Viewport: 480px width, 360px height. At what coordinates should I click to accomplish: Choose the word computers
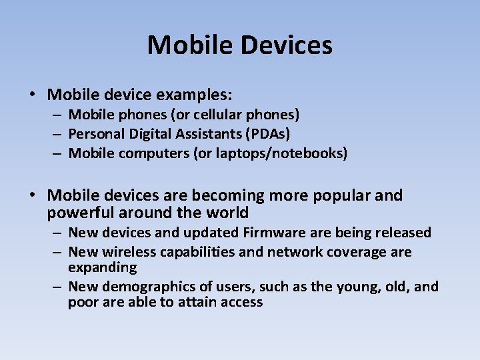click(153, 153)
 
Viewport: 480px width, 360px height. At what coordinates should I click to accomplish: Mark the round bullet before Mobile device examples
click(33, 95)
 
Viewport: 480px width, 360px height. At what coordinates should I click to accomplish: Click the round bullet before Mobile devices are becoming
click(33, 195)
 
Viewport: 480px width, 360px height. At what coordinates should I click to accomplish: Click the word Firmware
click(271, 233)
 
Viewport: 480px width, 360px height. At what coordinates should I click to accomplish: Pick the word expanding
click(102, 267)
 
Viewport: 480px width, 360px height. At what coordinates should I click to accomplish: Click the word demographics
click(146, 287)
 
